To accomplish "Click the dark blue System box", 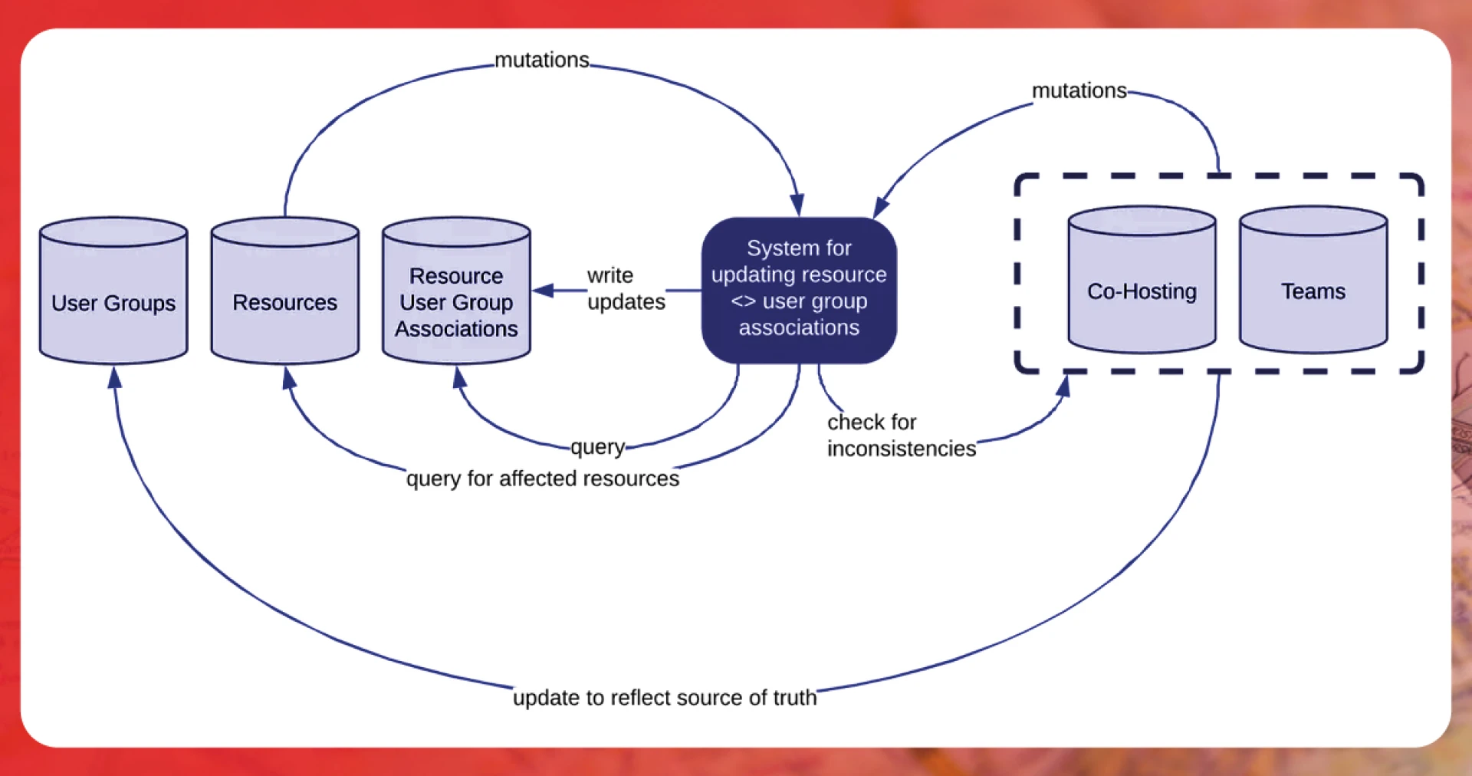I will click(x=799, y=289).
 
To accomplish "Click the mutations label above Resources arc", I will click(x=541, y=60).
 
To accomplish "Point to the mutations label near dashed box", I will click(x=1079, y=90).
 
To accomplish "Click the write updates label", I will click(x=625, y=288).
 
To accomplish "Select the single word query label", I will click(x=597, y=446).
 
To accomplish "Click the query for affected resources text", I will click(x=542, y=478).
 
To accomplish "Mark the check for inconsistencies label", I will click(x=901, y=435).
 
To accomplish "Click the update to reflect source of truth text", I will click(x=664, y=698).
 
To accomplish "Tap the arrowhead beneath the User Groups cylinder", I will click(x=114, y=377).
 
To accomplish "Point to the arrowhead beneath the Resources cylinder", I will click(x=288, y=377).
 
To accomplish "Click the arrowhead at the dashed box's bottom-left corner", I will click(x=1063, y=385).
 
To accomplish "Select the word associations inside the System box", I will click(x=799, y=327).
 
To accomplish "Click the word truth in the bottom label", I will click(x=794, y=698).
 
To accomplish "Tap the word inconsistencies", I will click(x=901, y=449).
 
